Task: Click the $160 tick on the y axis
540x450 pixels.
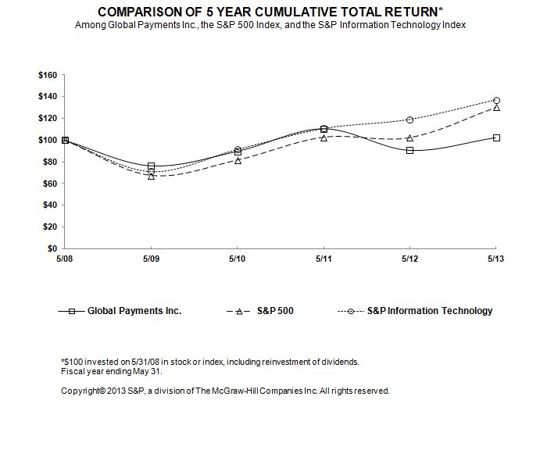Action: [48, 75]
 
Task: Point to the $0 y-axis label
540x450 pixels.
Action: [52, 248]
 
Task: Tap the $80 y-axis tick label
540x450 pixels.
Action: [50, 162]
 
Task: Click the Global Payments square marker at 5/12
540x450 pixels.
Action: [409, 150]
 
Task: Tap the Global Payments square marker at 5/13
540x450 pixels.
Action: [495, 137]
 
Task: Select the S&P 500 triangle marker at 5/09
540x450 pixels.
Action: [151, 176]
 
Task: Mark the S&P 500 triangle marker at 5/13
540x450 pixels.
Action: [495, 107]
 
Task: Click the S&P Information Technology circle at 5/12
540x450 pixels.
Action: [409, 120]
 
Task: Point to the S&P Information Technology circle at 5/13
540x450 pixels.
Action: [495, 100]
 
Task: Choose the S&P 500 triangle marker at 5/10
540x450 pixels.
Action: [237, 160]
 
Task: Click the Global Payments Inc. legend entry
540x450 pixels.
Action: [134, 311]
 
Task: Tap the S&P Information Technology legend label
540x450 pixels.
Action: [430, 311]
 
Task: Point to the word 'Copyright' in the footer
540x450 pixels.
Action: [81, 391]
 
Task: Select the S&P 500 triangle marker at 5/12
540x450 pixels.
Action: [409, 137]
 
